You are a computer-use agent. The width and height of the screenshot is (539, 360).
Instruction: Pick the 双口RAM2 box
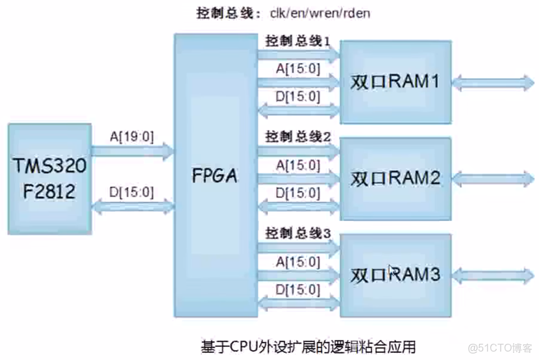395,177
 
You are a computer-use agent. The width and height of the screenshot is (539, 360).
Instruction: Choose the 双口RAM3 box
395,274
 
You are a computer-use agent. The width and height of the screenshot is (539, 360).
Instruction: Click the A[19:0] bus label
132,136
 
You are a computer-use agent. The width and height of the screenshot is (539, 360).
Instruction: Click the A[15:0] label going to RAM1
298,68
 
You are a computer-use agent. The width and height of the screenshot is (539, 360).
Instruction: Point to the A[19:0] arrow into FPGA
132,152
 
